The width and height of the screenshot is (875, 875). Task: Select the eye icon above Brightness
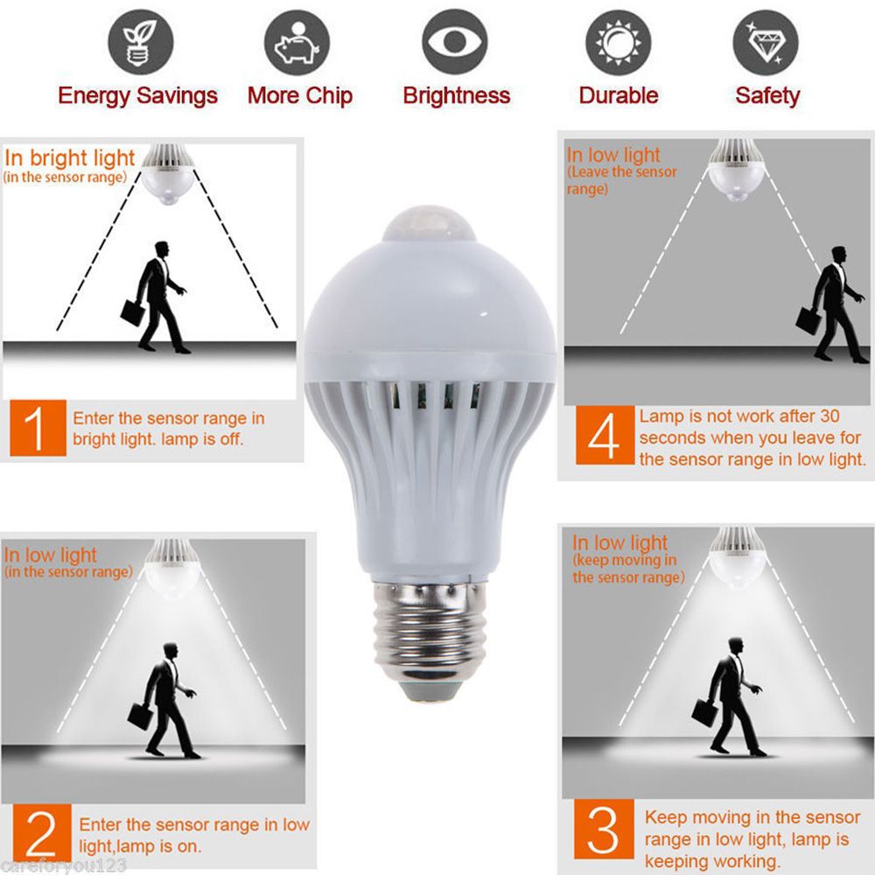[x=455, y=43]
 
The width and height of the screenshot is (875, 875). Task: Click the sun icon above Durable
[x=618, y=43]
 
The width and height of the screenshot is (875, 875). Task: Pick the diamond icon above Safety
[x=766, y=43]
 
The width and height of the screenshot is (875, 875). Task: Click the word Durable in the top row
[x=618, y=95]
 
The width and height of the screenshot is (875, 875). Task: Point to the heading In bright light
[x=70, y=158]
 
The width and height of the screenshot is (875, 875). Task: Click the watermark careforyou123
[x=65, y=865]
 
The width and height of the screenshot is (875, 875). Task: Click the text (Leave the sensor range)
[x=621, y=179]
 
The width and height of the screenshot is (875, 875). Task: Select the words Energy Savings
[x=137, y=95]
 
